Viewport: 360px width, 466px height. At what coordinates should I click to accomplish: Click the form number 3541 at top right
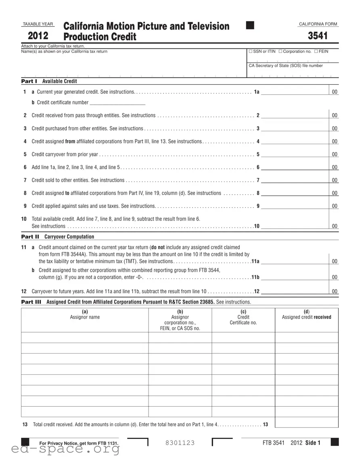(x=318, y=36)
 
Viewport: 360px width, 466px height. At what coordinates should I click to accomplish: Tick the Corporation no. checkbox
(x=280, y=51)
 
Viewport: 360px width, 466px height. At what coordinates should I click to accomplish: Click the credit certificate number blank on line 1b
(x=117, y=103)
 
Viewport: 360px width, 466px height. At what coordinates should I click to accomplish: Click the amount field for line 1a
(x=295, y=92)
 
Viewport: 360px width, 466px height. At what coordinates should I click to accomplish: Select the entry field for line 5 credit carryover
(x=295, y=154)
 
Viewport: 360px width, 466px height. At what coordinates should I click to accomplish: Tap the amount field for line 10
(x=295, y=226)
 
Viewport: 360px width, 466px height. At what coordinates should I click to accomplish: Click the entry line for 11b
(x=295, y=277)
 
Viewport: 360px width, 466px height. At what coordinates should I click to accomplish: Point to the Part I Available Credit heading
(x=49, y=81)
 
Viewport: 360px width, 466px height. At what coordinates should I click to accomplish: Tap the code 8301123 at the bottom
(x=180, y=443)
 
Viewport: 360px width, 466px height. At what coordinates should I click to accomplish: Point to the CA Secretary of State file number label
(x=286, y=65)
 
